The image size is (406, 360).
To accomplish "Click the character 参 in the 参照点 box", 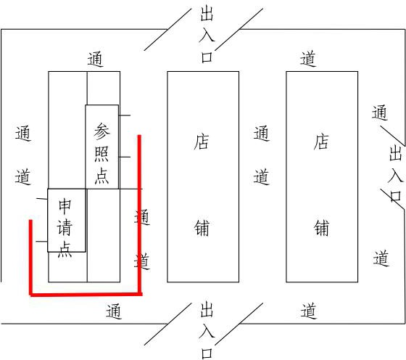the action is pyautogui.click(x=101, y=131).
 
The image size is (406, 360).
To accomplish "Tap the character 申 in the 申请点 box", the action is pyautogui.click(x=65, y=207).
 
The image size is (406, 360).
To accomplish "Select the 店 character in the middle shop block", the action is pyautogui.click(x=202, y=142).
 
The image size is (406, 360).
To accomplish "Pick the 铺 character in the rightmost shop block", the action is pyautogui.click(x=321, y=228).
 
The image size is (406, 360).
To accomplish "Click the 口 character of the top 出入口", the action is pyautogui.click(x=207, y=57).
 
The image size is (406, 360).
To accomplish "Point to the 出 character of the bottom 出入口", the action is pyautogui.click(x=207, y=309).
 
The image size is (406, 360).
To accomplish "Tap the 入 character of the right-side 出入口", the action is pyautogui.click(x=396, y=176).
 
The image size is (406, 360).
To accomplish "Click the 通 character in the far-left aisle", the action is pyautogui.click(x=23, y=134).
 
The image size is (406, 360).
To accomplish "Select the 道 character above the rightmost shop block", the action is pyautogui.click(x=308, y=59).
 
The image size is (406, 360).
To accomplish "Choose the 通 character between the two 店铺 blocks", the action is pyautogui.click(x=261, y=134).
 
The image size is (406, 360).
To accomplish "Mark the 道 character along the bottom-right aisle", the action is pyautogui.click(x=308, y=311).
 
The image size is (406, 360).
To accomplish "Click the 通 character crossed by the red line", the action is pyautogui.click(x=142, y=217).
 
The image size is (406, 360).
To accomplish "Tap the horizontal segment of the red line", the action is pyautogui.click(x=86, y=294).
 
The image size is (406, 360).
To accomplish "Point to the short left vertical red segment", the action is pyautogui.click(x=30, y=257).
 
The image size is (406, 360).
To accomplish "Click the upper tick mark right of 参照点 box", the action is pyautogui.click(x=125, y=115).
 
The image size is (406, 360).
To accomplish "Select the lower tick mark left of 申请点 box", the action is pyautogui.click(x=41, y=242).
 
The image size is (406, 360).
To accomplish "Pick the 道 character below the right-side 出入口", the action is pyautogui.click(x=381, y=258).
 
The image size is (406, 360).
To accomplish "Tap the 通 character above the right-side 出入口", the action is pyautogui.click(x=380, y=112).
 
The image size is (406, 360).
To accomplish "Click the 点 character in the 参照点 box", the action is pyautogui.click(x=101, y=176).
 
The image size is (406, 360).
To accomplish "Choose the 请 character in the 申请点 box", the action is pyautogui.click(x=65, y=228).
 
